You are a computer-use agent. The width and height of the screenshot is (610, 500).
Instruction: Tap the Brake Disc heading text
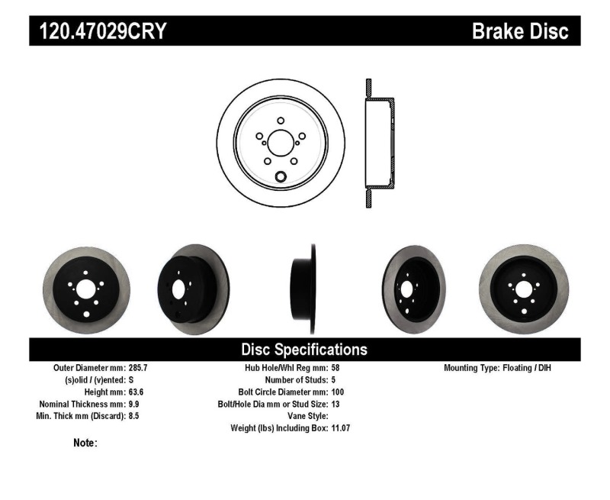(x=520, y=31)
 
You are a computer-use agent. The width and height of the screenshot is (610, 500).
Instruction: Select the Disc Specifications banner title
(x=304, y=350)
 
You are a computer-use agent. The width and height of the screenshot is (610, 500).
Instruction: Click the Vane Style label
(x=303, y=416)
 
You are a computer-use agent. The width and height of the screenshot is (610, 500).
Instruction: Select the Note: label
(x=85, y=443)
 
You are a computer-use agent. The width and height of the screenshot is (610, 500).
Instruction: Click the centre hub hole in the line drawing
(x=281, y=143)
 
